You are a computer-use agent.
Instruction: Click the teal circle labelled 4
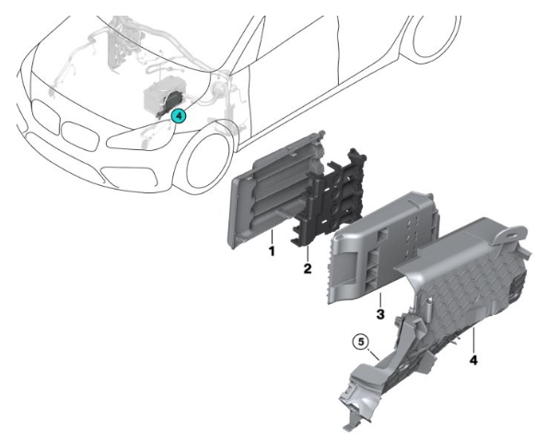[179, 116]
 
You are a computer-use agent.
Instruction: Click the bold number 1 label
[272, 251]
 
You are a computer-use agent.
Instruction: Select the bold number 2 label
[308, 268]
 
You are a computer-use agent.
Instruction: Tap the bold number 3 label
[380, 314]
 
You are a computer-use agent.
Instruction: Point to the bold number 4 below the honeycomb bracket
[473, 359]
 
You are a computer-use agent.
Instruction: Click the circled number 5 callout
[361, 342]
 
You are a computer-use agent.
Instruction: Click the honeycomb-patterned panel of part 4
[468, 290]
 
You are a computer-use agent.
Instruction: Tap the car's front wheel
[207, 160]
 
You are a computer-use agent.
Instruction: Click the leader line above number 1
[272, 236]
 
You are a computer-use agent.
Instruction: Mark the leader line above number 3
[380, 299]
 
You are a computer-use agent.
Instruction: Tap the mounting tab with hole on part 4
[512, 233]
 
